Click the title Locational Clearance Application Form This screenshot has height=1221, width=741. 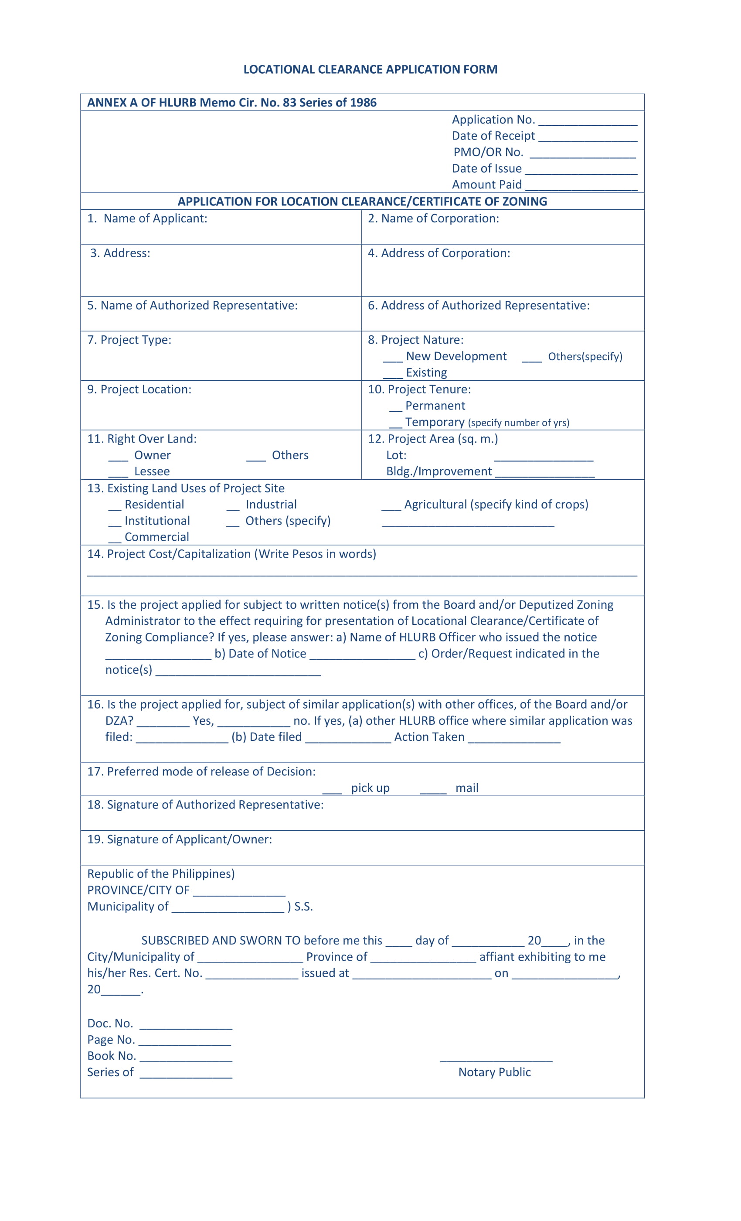(370, 69)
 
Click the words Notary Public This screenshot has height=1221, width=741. (494, 1072)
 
